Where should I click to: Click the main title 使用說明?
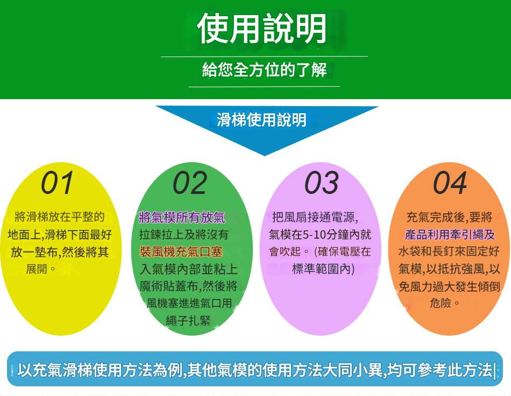(262, 29)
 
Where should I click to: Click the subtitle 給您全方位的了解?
(264, 70)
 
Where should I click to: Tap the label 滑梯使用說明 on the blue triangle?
(262, 120)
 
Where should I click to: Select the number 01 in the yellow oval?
(58, 183)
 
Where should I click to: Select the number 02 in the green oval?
(190, 183)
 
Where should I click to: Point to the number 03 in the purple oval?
(322, 183)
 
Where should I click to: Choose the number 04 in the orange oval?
(450, 183)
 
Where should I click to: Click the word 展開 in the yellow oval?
(37, 269)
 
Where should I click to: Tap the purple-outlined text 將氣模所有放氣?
(182, 218)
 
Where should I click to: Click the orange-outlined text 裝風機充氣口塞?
(181, 252)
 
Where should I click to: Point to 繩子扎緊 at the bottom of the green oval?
(188, 320)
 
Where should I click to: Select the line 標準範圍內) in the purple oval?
(323, 269)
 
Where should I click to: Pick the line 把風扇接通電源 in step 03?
(315, 217)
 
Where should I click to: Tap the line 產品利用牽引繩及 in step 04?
(449, 234)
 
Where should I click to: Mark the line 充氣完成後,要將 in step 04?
(449, 217)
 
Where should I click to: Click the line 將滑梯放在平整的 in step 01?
(60, 217)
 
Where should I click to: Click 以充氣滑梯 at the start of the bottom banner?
(55, 370)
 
